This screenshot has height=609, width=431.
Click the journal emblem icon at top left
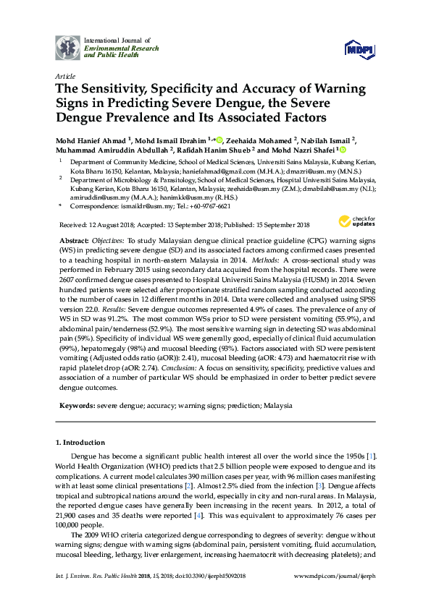[x=67, y=47]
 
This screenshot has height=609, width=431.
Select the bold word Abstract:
[x=73, y=239]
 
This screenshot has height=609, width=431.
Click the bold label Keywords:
[x=75, y=406]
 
